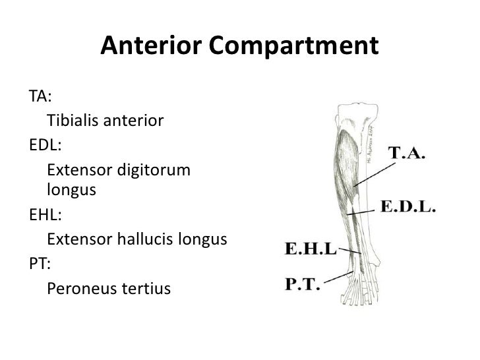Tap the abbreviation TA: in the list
click(41, 96)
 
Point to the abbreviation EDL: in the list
click(45, 144)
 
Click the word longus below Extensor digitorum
click(72, 191)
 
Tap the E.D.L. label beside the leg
click(409, 207)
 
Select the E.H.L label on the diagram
click(309, 250)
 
